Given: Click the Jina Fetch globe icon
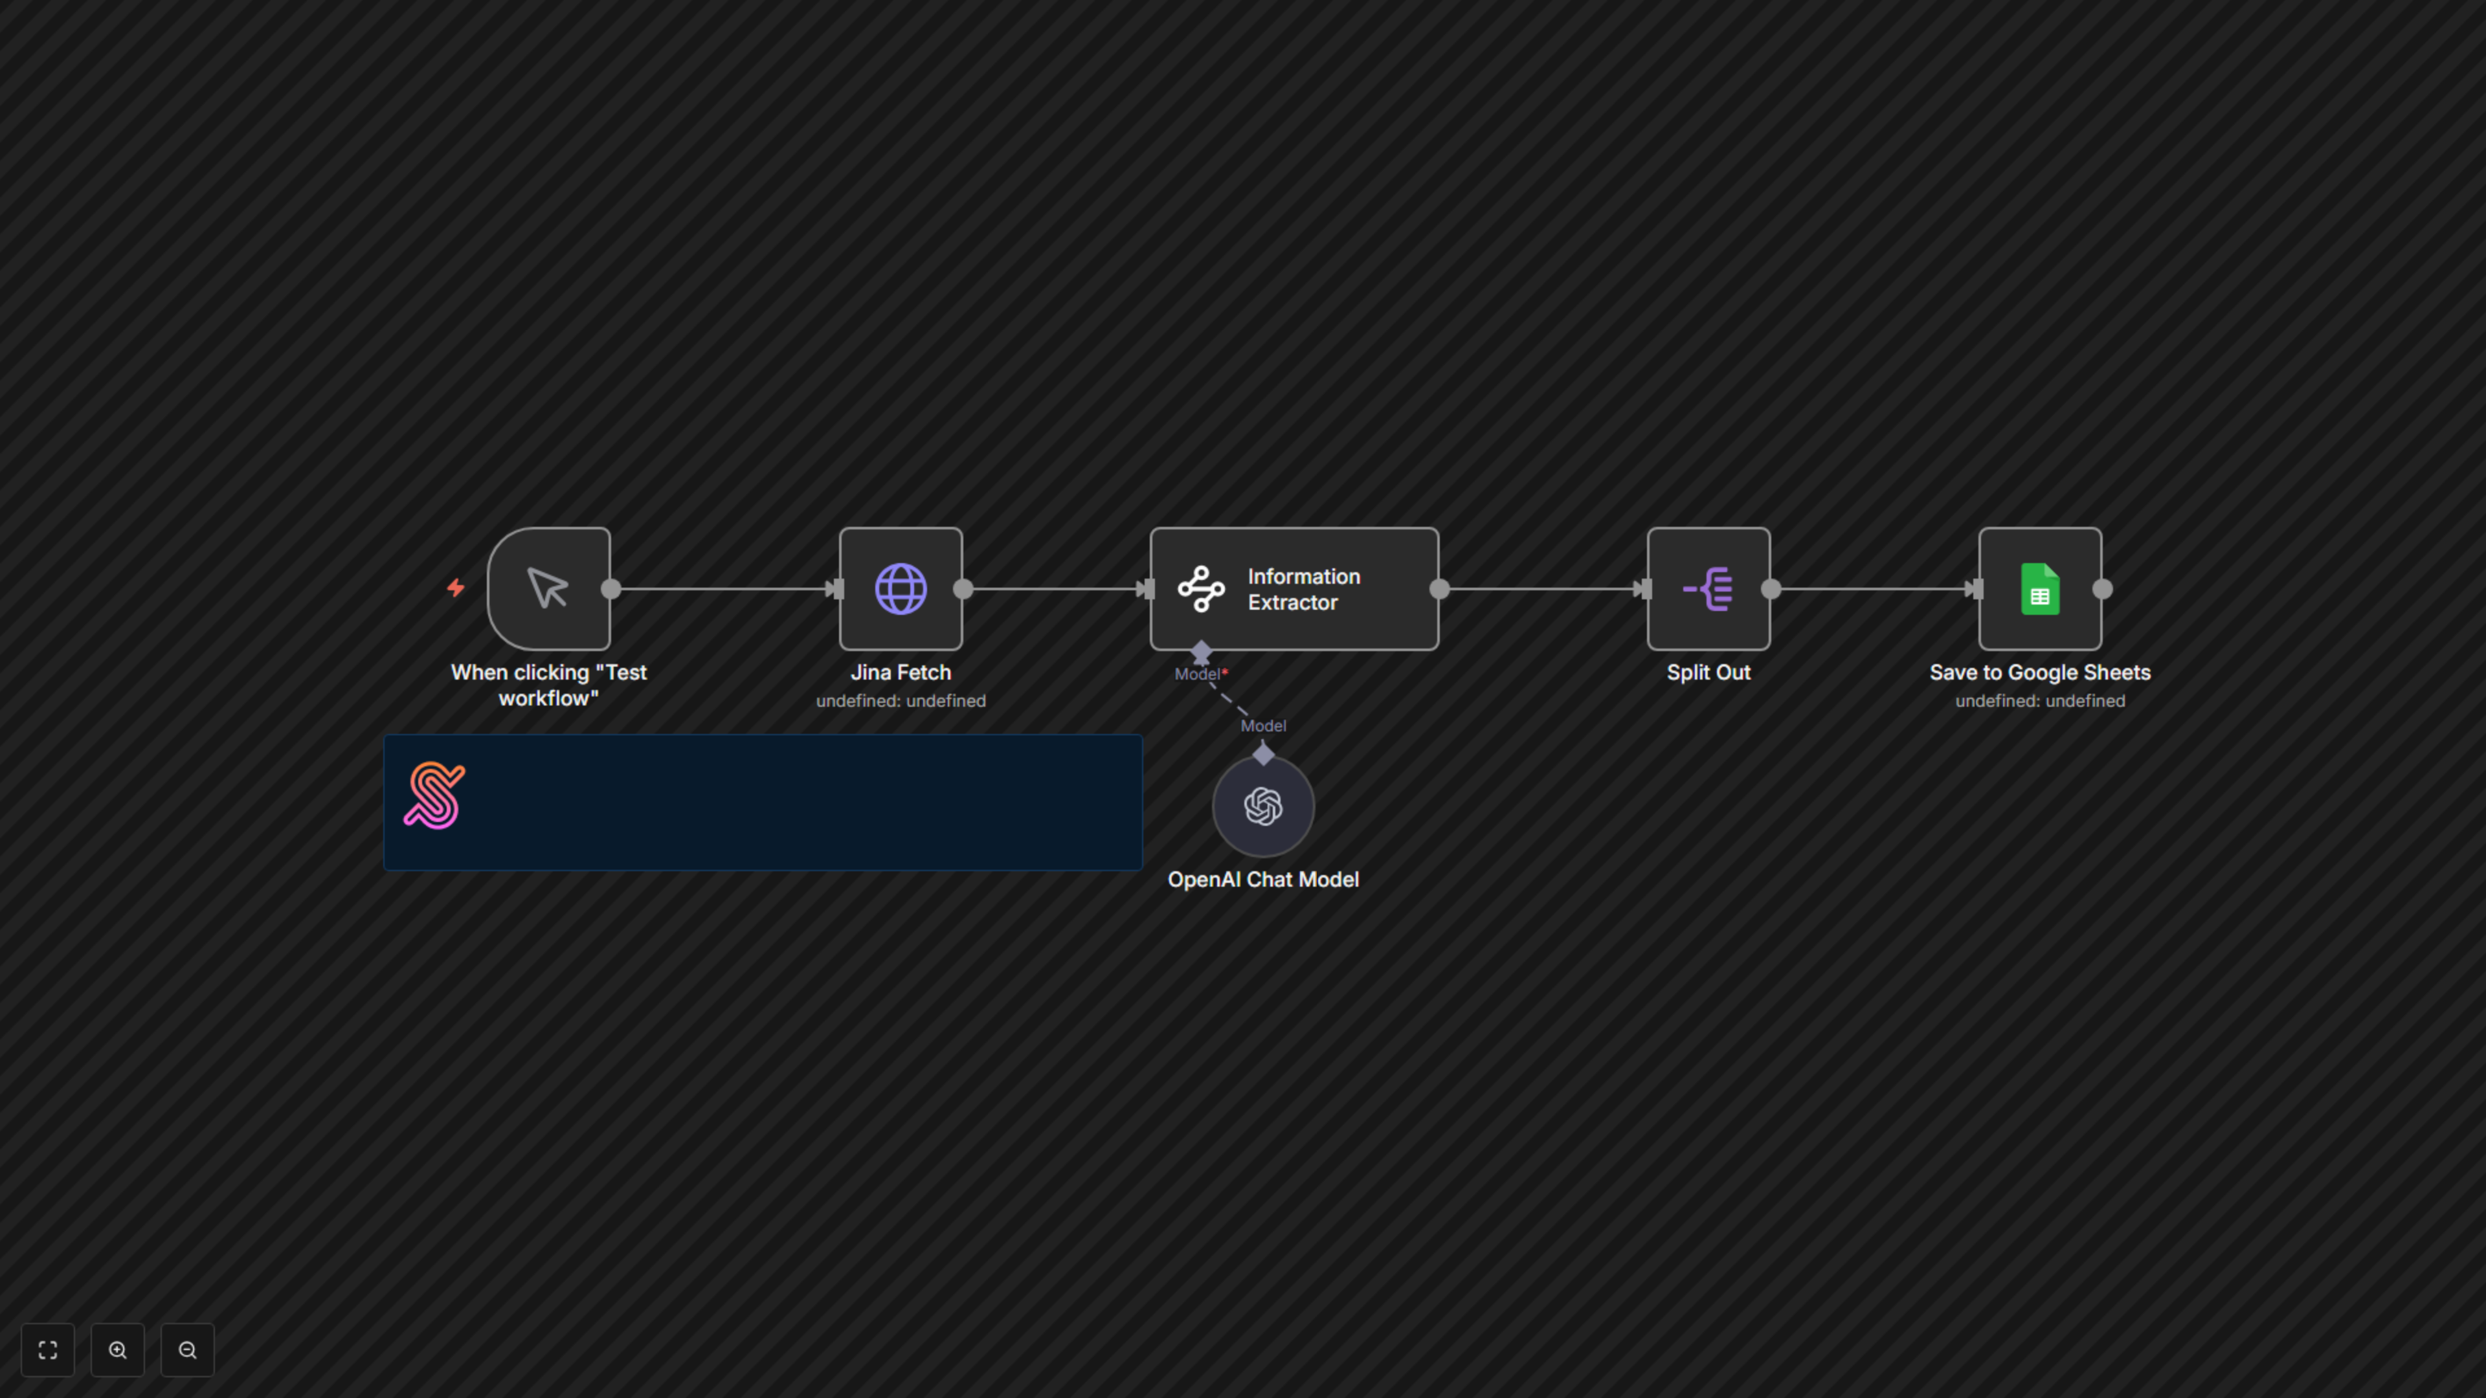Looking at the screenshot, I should (901, 588).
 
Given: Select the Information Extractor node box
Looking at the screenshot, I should (1293, 588).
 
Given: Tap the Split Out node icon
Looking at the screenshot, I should (1708, 588).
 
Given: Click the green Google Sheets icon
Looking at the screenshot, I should (2039, 588).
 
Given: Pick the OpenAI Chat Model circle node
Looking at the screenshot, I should (1262, 806).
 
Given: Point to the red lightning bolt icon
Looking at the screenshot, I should (456, 588).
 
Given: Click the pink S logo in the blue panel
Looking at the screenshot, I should (434, 795).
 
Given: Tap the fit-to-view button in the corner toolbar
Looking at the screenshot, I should (47, 1349).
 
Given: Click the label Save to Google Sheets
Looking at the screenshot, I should (2039, 672).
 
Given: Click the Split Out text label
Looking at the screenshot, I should (1708, 672).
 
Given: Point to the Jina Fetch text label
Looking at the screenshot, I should (901, 672).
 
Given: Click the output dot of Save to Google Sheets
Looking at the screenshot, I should (2102, 588).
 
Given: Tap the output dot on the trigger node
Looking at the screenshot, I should (611, 588).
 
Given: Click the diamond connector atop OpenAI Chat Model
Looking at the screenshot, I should (1262, 753).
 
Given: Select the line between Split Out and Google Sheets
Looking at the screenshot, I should (1872, 588).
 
